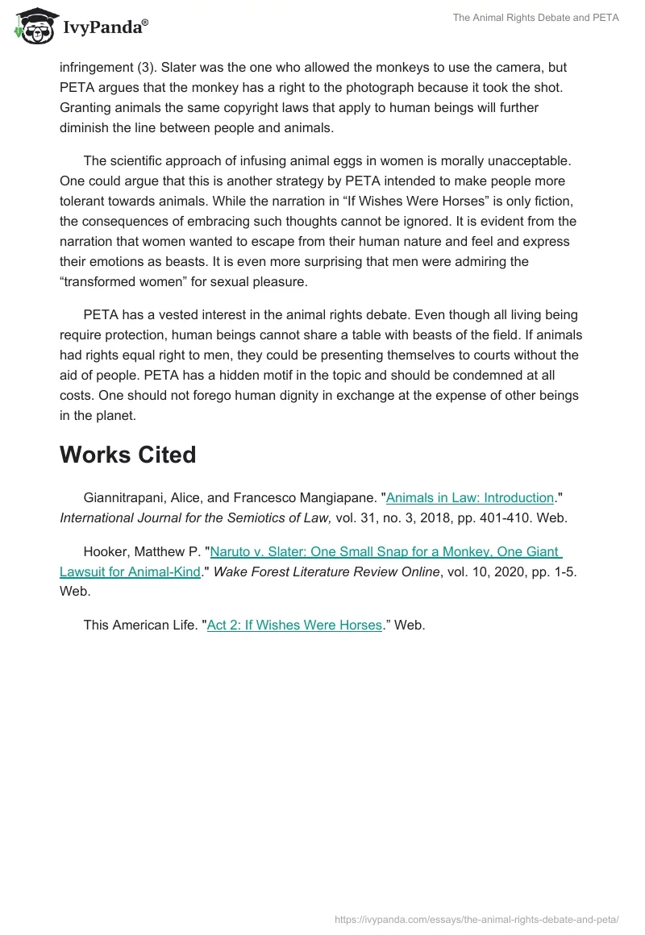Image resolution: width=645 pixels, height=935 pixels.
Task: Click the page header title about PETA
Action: pos(535,18)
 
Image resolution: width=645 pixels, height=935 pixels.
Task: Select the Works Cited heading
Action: pos(127,455)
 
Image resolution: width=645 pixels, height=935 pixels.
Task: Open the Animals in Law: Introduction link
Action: pos(470,497)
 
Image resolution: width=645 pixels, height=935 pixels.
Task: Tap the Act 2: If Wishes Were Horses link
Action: pos(294,625)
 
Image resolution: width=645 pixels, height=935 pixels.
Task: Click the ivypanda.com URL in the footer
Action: pos(476,918)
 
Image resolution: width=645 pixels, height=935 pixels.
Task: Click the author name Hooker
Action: pos(106,551)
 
